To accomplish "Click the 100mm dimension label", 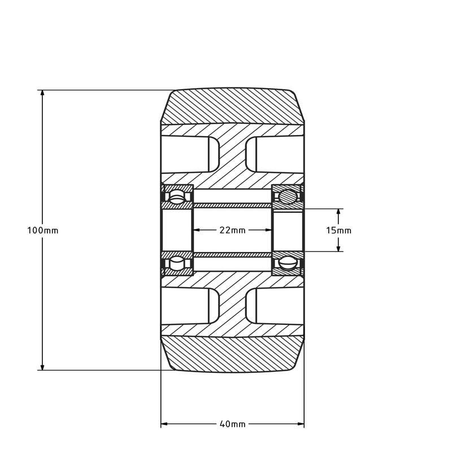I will click(x=43, y=231).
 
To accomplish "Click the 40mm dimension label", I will click(x=232, y=424).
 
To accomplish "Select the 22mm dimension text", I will click(x=232, y=230).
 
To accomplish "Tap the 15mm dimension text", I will click(x=339, y=230).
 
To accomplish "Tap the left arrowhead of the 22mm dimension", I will click(x=197, y=230).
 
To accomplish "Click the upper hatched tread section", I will click(x=232, y=106).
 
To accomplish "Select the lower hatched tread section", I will click(x=232, y=354).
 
